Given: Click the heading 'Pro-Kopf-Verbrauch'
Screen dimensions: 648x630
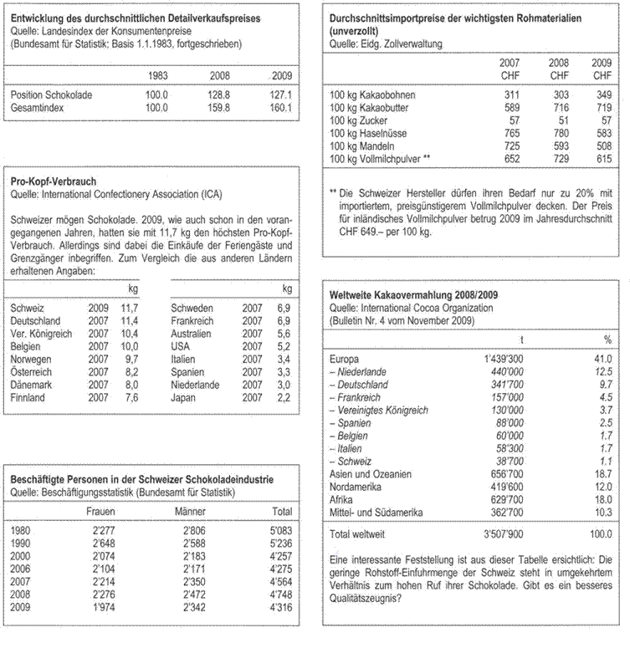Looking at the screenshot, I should (x=54, y=181).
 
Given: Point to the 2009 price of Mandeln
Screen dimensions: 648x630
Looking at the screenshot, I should (x=601, y=145).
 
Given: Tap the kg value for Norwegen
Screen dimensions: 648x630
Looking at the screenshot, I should (x=131, y=360).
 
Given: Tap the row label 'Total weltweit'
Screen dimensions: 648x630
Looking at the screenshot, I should (x=361, y=532).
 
